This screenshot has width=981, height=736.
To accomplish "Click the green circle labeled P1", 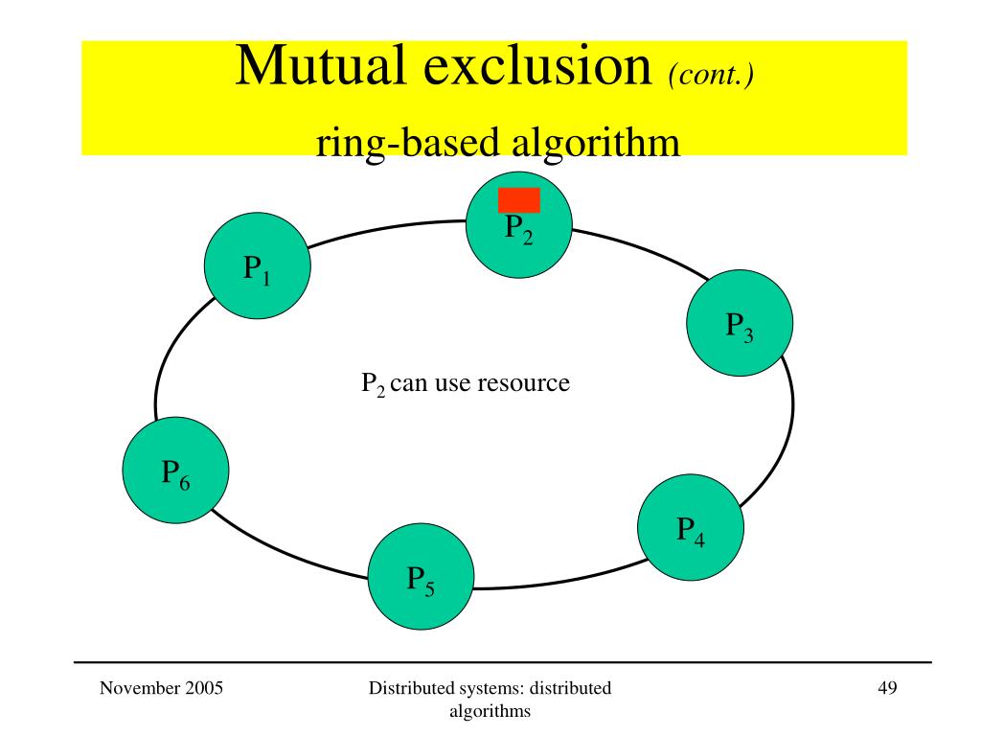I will (257, 266).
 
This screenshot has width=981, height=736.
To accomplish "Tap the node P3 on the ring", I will (739, 323).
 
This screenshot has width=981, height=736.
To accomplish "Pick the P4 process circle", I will (690, 526).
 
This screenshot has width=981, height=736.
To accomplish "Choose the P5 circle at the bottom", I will (421, 576).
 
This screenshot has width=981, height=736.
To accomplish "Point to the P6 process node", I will (175, 471).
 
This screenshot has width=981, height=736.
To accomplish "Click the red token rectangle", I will (518, 199).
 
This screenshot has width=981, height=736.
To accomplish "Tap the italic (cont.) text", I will (710, 74).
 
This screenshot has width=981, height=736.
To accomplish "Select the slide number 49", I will (886, 687).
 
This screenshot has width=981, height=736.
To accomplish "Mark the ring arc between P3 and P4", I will (781, 441).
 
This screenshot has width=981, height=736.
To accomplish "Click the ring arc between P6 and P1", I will (163, 355).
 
